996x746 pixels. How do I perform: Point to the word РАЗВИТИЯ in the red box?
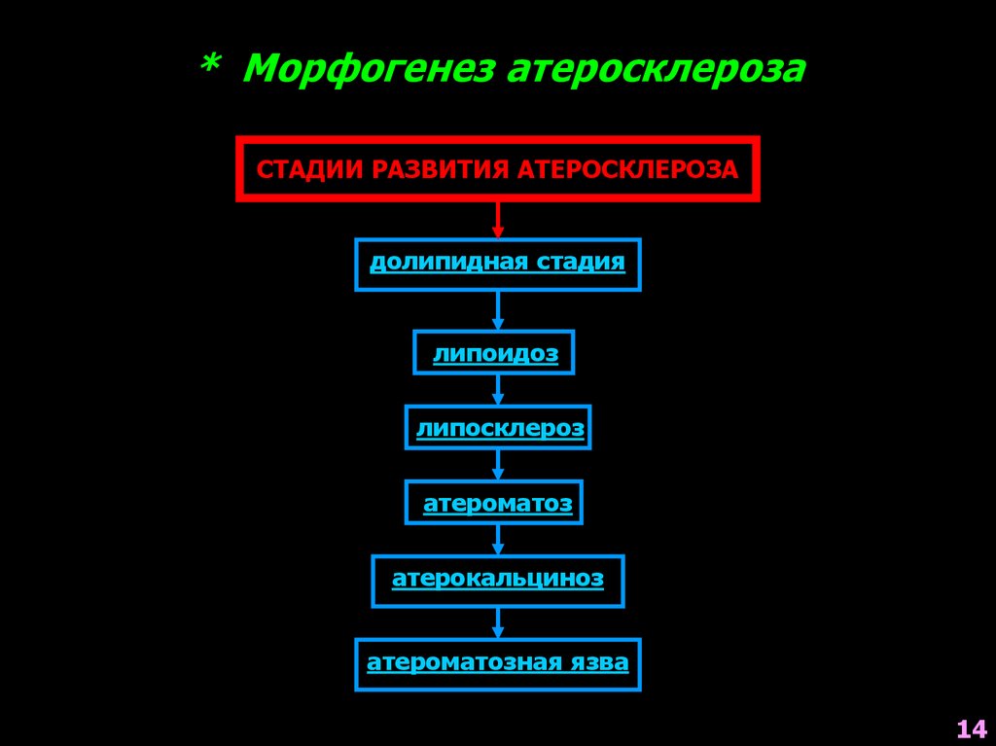point(428,169)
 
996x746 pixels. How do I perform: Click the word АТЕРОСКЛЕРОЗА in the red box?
point(626,169)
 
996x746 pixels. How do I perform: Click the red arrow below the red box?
point(498,219)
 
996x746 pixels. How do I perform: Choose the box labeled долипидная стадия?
point(498,264)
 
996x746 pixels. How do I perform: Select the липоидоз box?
point(494,353)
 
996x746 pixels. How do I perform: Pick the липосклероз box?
point(498,428)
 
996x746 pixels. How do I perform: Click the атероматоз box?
point(494,503)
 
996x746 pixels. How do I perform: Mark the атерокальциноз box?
point(498,581)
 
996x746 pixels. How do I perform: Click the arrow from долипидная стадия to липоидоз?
point(498,310)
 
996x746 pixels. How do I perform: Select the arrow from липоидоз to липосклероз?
point(498,390)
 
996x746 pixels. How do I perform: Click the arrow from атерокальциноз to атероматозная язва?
point(498,622)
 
